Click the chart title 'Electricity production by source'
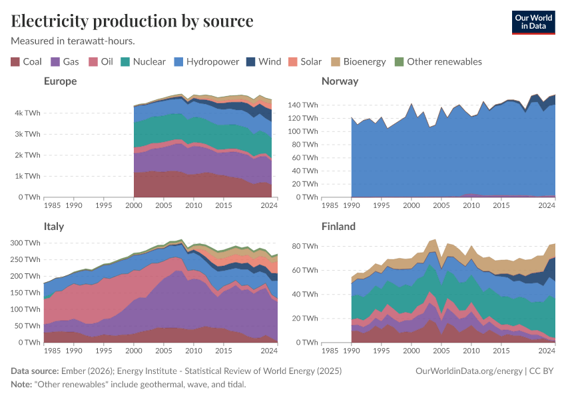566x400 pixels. point(132,21)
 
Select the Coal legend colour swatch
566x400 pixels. point(15,62)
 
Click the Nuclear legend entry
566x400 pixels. point(143,62)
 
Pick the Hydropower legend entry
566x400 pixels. point(206,62)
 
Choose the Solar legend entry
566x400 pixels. point(304,62)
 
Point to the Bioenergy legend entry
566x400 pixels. point(358,62)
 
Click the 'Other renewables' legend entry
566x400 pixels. point(437,62)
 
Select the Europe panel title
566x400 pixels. point(61,81)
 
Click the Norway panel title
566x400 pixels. point(340,81)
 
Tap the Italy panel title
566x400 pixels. point(54,227)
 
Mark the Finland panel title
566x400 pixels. point(338,227)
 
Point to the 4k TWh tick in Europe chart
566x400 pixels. point(28,113)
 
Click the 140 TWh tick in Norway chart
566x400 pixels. point(304,105)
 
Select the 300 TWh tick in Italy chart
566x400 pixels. point(25,243)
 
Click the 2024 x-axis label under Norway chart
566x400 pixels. point(547,205)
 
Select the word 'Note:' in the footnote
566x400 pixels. point(23,385)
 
